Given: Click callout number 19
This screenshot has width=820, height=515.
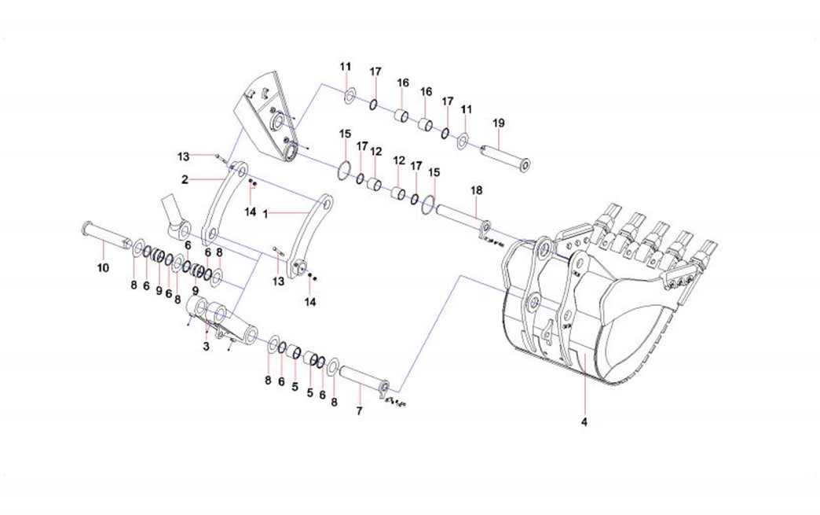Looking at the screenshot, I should [498, 123].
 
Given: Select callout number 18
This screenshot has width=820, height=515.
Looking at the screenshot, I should [475, 191].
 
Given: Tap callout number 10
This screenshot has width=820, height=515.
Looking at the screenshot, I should [103, 268].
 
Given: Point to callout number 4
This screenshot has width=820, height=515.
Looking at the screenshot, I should [584, 423].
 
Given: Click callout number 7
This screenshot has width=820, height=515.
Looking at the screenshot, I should [360, 411].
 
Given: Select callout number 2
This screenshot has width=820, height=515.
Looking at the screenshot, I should [185, 179].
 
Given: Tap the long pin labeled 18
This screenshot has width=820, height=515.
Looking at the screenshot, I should [459, 216].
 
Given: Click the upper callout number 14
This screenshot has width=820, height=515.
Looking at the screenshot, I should [251, 212].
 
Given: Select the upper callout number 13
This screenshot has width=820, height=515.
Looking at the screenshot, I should [183, 155].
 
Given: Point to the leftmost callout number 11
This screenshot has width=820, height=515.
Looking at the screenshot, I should [346, 67].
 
